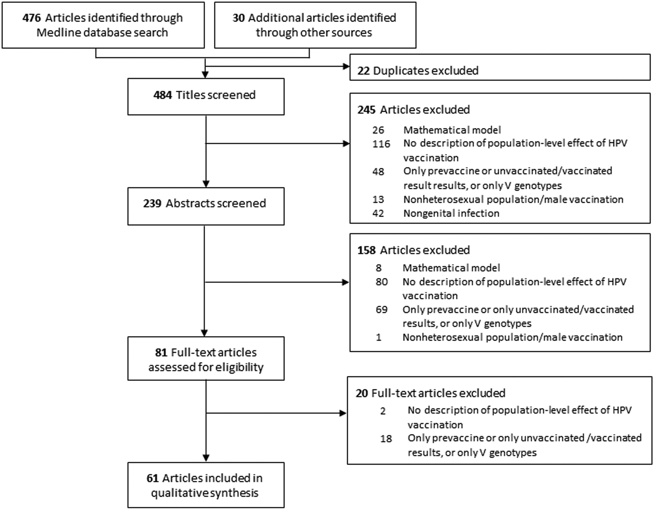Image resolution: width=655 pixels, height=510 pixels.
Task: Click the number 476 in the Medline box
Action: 31,18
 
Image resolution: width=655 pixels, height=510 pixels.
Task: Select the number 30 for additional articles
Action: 238,18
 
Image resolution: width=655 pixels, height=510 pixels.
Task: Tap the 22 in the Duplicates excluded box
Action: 363,71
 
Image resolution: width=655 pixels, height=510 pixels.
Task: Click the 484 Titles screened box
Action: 206,97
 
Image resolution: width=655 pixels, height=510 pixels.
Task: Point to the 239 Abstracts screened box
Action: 206,206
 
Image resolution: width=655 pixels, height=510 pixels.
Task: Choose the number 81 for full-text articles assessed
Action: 161,352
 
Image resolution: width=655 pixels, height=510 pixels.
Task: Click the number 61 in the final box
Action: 153,478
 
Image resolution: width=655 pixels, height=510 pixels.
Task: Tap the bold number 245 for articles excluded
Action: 366,110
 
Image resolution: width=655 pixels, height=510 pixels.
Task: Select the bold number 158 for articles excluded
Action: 366,250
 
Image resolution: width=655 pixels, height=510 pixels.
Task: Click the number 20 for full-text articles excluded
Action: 362,393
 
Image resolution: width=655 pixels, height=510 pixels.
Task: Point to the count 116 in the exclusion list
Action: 381,144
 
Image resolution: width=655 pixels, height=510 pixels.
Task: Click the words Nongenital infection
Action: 451,213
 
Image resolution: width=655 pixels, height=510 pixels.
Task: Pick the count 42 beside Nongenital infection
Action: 378,213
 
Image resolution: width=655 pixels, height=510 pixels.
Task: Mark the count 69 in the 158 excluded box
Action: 381,310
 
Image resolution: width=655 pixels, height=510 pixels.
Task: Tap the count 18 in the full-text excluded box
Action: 386,439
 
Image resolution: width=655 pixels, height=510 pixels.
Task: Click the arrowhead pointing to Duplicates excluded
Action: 346,66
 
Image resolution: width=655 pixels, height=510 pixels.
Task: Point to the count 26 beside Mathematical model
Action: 378,130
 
